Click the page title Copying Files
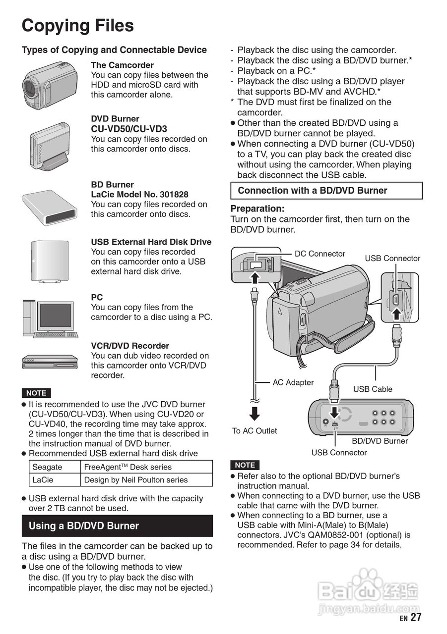click(x=78, y=26)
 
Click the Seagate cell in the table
click(x=48, y=467)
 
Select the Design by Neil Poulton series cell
click(x=136, y=480)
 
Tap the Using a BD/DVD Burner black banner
click(x=117, y=526)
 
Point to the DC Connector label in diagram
click(x=319, y=254)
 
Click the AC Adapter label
click(x=293, y=382)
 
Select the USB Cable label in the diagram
click(x=373, y=389)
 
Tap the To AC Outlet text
click(x=255, y=431)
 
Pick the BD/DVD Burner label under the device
click(x=380, y=441)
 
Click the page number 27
click(x=416, y=617)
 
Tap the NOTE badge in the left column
click(x=36, y=393)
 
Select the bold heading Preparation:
click(x=257, y=209)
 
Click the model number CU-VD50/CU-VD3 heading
click(x=129, y=129)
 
